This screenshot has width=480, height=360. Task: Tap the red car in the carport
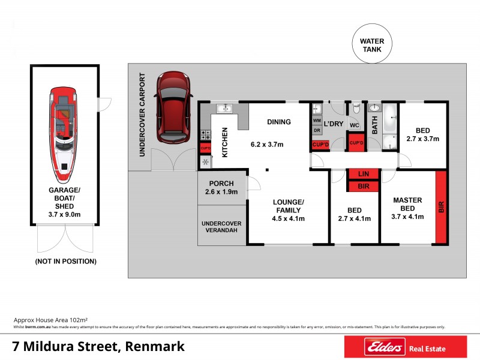(x=172, y=107)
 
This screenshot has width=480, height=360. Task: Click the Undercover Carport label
(x=143, y=115)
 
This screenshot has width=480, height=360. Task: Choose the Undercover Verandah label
(x=221, y=227)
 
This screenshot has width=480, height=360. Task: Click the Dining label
(x=279, y=122)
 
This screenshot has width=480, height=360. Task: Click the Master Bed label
(x=407, y=204)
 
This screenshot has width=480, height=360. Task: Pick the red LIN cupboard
(x=363, y=173)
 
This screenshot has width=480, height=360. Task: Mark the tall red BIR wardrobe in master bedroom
(x=441, y=207)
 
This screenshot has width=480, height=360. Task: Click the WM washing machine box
(x=317, y=120)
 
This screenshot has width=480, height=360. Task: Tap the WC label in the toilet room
(x=354, y=125)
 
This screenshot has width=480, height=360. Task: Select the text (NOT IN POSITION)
(x=65, y=261)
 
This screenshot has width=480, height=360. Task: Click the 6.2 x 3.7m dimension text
(x=267, y=145)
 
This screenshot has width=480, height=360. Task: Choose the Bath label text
(x=374, y=125)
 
